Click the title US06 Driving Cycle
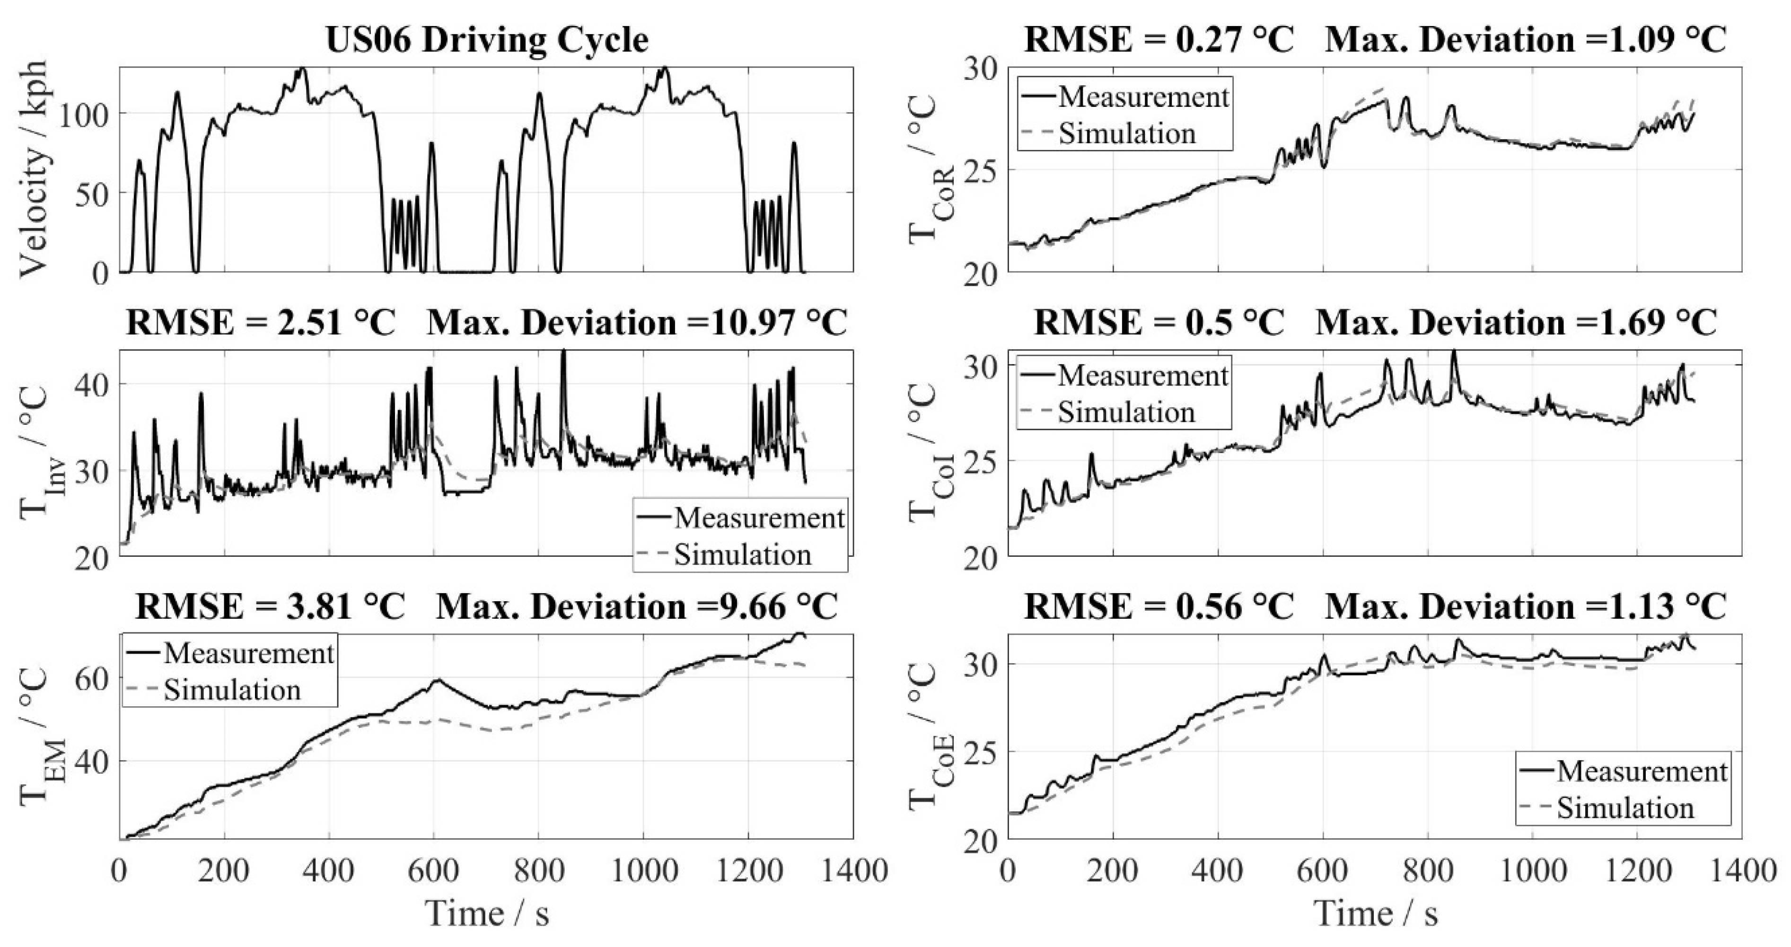coord(487,40)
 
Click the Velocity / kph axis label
coord(34,169)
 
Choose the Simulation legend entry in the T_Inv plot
coord(742,555)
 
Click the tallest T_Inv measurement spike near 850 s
coord(563,352)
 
